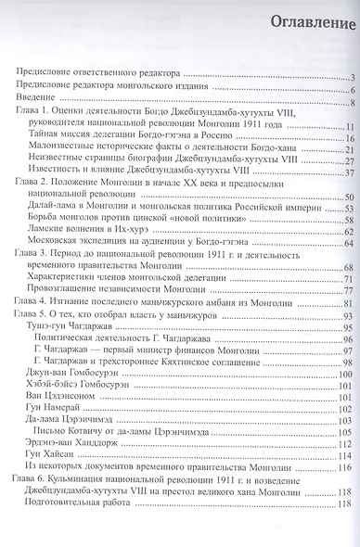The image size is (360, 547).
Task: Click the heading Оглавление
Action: click(301, 21)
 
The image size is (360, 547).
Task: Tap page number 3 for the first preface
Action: click(354, 76)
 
